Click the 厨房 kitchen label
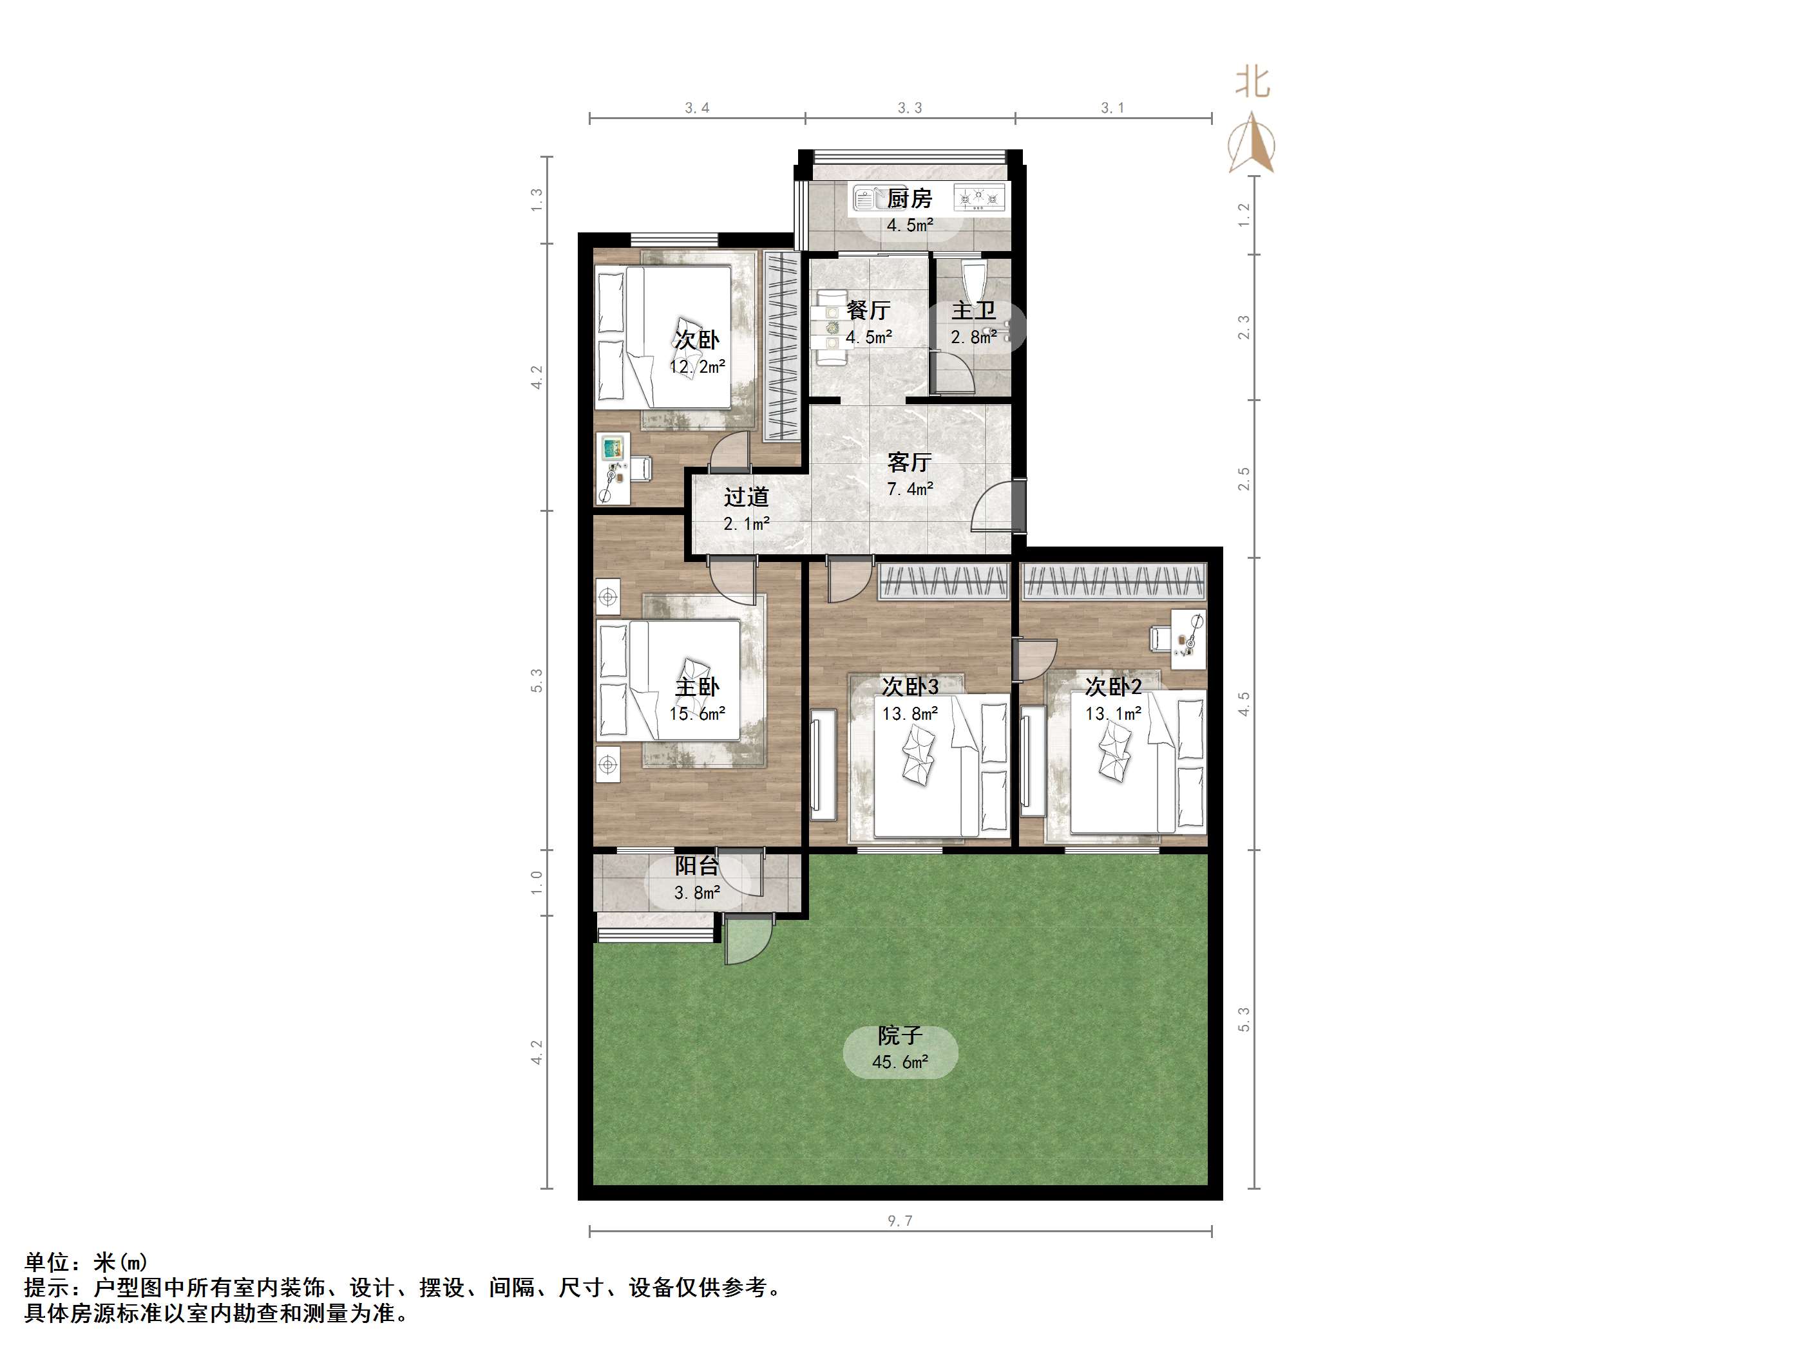point(909,198)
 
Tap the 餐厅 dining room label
point(868,310)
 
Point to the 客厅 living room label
point(910,462)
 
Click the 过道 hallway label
point(746,496)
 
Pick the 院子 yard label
point(900,1035)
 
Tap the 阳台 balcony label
point(696,866)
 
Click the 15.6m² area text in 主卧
point(697,714)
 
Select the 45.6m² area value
point(900,1062)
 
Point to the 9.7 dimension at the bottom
point(900,1221)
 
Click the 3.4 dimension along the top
point(697,108)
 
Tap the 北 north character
point(1252,82)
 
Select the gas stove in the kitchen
point(980,198)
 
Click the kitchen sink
point(868,198)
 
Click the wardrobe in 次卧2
point(1112,582)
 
